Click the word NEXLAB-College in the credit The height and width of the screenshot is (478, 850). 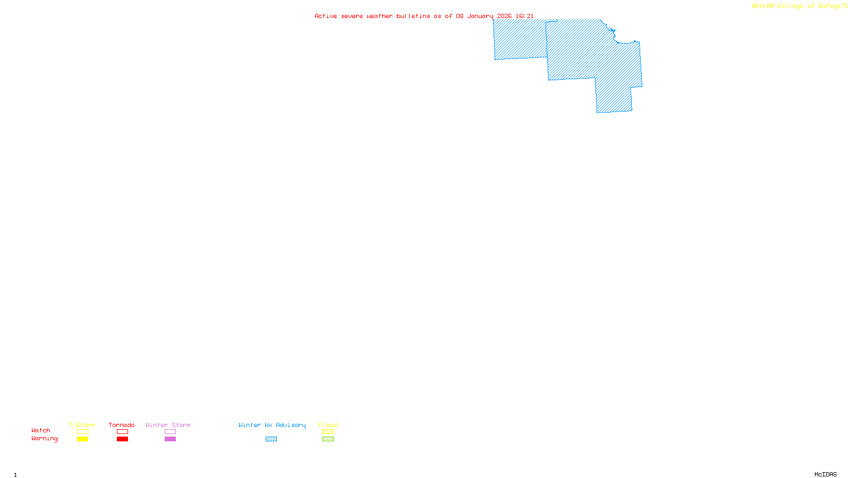[x=777, y=6]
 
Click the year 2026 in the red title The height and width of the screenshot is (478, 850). [x=504, y=16]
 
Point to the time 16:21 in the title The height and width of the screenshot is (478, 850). [x=524, y=16]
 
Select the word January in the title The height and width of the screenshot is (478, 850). [x=480, y=16]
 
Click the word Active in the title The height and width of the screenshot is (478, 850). [x=326, y=16]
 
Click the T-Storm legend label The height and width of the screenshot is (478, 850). [x=82, y=425]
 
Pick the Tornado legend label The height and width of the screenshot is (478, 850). [x=122, y=425]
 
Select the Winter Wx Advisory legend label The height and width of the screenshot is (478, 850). [x=272, y=425]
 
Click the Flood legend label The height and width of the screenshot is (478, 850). [x=328, y=425]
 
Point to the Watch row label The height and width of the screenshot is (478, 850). [x=41, y=431]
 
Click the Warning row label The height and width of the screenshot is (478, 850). [x=44, y=439]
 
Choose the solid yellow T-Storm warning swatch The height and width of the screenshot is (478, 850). [x=82, y=439]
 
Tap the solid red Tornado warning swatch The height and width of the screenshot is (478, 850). [x=122, y=439]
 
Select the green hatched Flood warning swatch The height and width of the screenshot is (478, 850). [x=328, y=439]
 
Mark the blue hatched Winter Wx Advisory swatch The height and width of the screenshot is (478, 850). [x=271, y=439]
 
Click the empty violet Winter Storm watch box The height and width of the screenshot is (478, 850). [x=170, y=432]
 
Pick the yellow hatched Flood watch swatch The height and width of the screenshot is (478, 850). [x=328, y=432]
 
